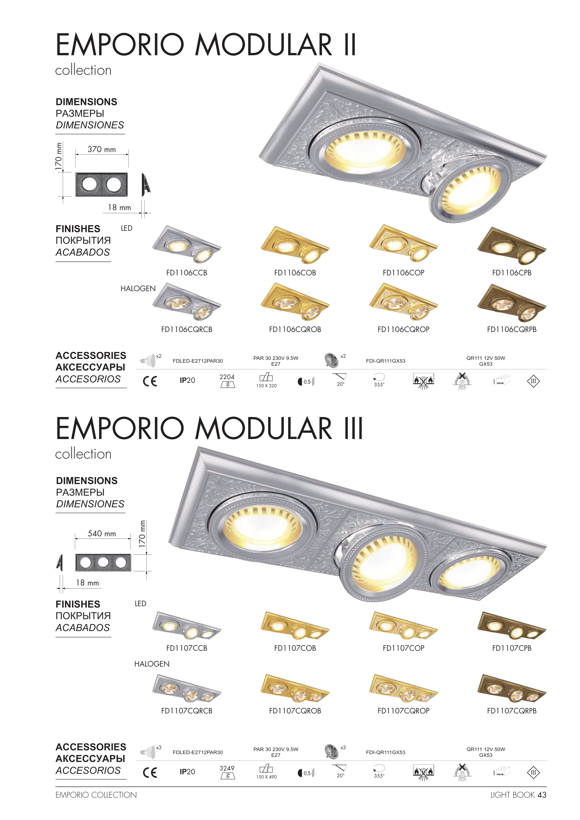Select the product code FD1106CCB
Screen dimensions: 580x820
click(x=187, y=273)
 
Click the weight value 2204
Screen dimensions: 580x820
click(x=227, y=377)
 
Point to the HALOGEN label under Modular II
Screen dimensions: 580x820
click(x=138, y=289)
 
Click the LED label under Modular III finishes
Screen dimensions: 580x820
click(x=141, y=604)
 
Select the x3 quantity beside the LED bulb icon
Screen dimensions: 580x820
click(x=159, y=748)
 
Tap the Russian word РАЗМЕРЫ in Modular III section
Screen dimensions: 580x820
click(x=80, y=492)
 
